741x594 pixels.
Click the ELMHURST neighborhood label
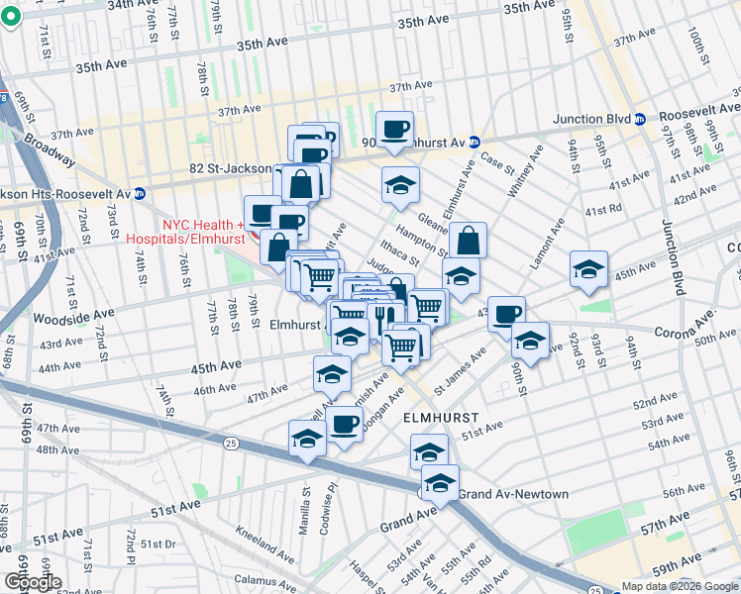[442, 418]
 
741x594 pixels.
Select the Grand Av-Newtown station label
[527, 494]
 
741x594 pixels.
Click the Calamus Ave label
[259, 580]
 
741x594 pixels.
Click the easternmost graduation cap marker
[588, 269]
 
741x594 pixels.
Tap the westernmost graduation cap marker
[307, 437]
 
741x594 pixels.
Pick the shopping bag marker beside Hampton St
[468, 240]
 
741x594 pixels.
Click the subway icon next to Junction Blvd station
[640, 119]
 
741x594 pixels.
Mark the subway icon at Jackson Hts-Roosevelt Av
[140, 192]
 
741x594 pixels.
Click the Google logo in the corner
[33, 582]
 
